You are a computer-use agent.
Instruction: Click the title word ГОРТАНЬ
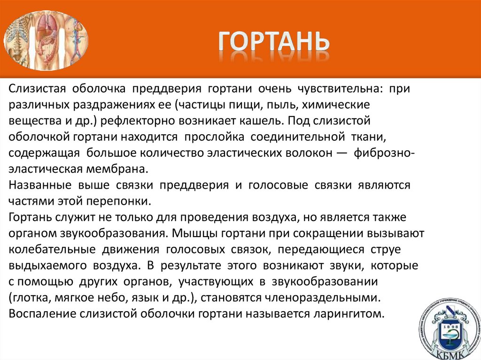[x=274, y=41]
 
